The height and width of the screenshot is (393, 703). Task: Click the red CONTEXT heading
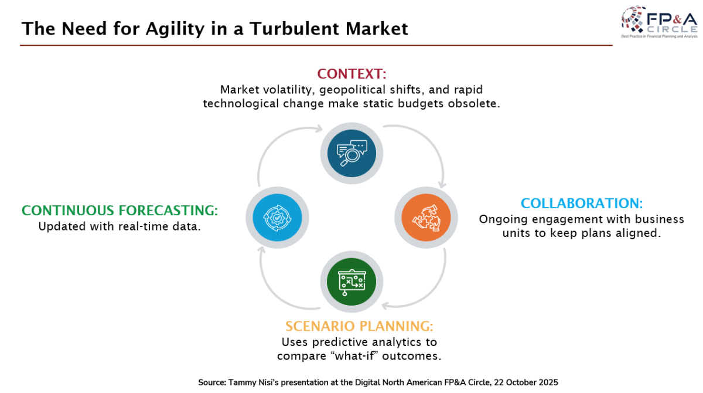point(351,74)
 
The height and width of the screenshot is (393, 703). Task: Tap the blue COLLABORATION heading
point(581,204)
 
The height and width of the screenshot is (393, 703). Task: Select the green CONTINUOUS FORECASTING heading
point(120,211)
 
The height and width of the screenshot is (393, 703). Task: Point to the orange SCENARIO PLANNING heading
point(359,326)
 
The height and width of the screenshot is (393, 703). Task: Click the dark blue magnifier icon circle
point(351,153)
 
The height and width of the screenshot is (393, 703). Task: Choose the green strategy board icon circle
point(351,283)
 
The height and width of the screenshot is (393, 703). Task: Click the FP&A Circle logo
point(658,22)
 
